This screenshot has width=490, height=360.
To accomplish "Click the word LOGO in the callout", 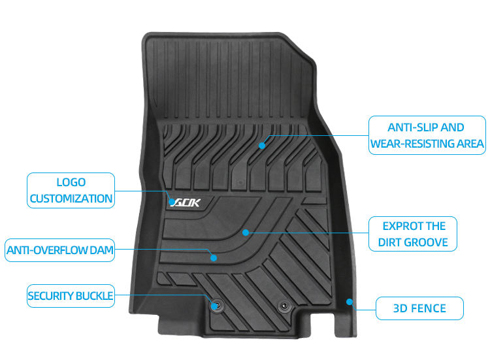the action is coord(71,182).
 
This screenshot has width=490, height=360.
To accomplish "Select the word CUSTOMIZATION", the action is coord(71,198).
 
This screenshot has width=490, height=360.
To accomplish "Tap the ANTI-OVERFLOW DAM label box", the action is coord(59,250).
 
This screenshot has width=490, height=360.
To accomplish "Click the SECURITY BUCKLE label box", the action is coord(70,296).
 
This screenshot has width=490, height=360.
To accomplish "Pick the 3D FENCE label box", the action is coord(419,308).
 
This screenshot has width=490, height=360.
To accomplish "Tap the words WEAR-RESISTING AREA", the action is coord(427,143).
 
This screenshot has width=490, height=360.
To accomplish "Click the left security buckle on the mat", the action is coord(216,304).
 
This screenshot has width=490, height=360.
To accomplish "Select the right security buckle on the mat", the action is coord(283,305).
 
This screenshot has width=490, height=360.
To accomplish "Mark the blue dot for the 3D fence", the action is coord(350,302).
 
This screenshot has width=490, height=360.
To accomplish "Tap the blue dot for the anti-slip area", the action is coord(262,145).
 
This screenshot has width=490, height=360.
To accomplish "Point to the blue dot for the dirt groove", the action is coord(246,232).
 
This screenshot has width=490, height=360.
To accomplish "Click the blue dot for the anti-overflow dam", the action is coord(214,257).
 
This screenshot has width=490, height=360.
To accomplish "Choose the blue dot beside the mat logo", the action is coord(172,202).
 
